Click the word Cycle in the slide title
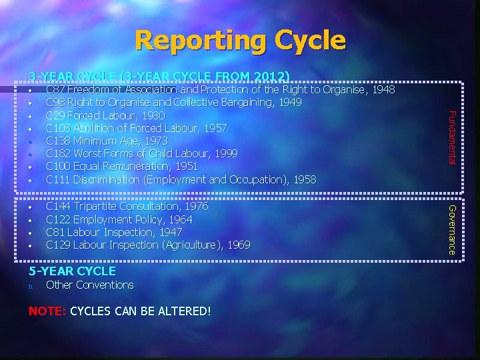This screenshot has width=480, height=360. coord(304,41)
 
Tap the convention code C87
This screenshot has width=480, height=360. coord(56,89)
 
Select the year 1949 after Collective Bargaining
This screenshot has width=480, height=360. coord(289,102)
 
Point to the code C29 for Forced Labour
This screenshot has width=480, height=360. coord(56,115)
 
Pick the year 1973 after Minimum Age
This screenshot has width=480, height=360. coord(154,141)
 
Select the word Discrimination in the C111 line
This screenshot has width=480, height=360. coord(111,179)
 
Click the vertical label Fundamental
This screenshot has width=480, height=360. coord(451,137)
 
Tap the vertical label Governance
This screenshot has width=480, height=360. coord(451,229)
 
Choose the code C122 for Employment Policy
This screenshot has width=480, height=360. coord(59,219)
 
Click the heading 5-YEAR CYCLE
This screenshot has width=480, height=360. coord(72,271)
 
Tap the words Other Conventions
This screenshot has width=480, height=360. coord(89,285)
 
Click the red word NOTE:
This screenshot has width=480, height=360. coord(47,311)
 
